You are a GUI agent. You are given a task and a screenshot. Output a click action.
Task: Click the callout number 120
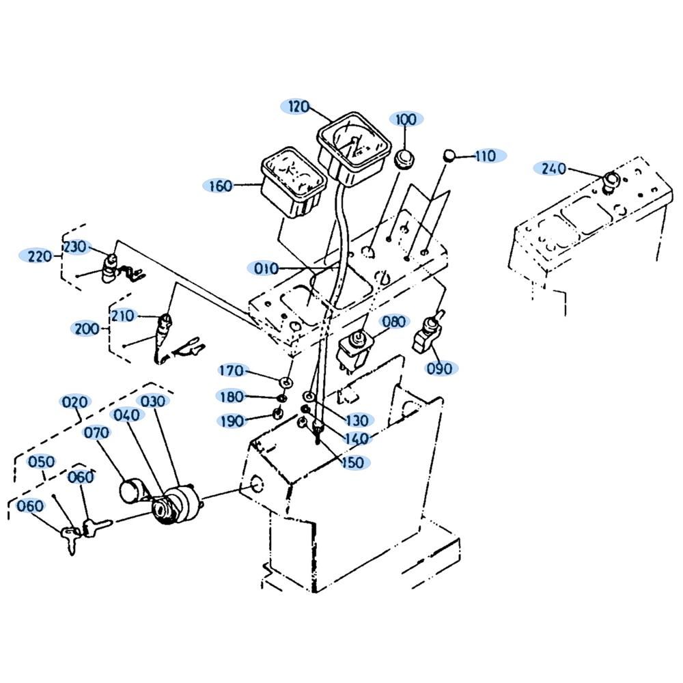[298, 107]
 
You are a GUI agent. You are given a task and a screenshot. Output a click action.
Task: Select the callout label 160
[221, 186]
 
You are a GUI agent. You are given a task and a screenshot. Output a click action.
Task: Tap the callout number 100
[406, 119]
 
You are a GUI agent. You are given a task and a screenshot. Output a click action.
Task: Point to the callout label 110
[486, 156]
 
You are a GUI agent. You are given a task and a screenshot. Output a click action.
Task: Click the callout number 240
[553, 169]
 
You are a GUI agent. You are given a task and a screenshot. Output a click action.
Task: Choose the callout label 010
[266, 268]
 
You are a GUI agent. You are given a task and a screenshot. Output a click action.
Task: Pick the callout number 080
[394, 322]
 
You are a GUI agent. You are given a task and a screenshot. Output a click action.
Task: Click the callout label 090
[439, 369]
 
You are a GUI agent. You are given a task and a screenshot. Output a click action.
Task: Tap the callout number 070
[97, 432]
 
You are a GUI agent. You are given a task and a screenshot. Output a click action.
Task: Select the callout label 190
[232, 421]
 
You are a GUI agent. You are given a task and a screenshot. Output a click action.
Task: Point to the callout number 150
[353, 462]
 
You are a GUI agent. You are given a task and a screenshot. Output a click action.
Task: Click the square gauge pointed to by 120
[354, 148]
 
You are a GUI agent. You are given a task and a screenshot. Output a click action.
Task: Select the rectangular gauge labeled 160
[293, 182]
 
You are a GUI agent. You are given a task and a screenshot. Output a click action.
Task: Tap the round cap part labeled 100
[404, 158]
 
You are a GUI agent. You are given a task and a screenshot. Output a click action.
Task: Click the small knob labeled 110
[449, 155]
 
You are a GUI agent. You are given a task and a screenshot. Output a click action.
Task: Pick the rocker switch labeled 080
[353, 350]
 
